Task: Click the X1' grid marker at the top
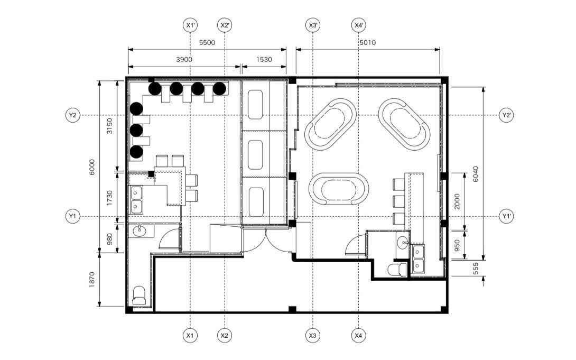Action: click(x=190, y=25)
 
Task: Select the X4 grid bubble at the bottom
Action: click(x=358, y=335)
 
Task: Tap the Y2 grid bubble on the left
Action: click(x=73, y=115)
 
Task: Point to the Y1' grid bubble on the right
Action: click(x=507, y=216)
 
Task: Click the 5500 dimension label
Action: click(x=207, y=43)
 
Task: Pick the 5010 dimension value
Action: click(x=368, y=43)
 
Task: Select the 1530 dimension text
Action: click(x=264, y=60)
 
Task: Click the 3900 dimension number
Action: click(x=184, y=60)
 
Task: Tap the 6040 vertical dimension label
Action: click(x=476, y=174)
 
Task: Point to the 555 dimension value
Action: click(x=476, y=268)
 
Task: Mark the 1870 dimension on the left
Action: click(x=92, y=280)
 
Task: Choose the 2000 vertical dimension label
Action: click(x=457, y=201)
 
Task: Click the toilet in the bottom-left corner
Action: click(x=138, y=296)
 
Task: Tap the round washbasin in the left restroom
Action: click(x=139, y=232)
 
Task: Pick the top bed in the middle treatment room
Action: click(x=255, y=105)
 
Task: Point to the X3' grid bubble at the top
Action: click(x=313, y=25)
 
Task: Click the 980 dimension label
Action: click(x=109, y=239)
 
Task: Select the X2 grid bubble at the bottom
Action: click(x=225, y=335)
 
